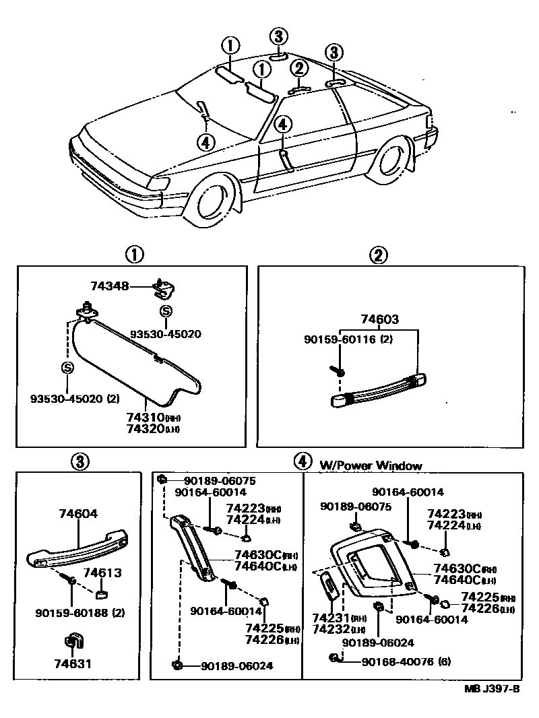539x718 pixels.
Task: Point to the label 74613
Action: coord(102,573)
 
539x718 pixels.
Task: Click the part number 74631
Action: coord(72,663)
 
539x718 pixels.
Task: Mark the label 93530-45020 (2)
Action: coord(75,398)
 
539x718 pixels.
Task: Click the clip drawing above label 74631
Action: coord(72,643)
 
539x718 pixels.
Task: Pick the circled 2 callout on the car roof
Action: coord(299,68)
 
